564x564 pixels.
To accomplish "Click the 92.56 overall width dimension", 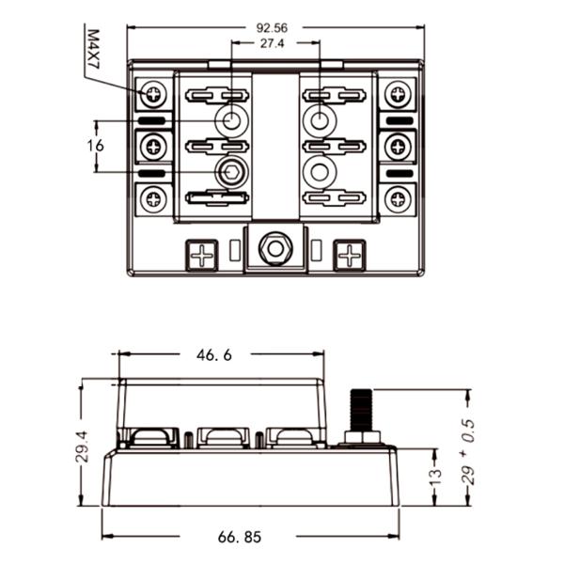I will tap(273, 27).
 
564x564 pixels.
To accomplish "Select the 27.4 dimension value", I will tap(273, 44).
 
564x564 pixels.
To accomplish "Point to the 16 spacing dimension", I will tap(95, 146).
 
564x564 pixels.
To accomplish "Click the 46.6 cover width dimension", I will tap(214, 355).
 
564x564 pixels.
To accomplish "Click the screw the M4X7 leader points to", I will tap(155, 94).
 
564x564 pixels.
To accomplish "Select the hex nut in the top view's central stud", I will tap(274, 249).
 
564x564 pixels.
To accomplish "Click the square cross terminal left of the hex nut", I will tap(200, 254).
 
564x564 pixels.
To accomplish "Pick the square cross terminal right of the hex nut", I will tap(349, 254).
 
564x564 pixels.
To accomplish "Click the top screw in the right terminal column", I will tap(399, 94).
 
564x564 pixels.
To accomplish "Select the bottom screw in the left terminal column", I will tap(155, 198).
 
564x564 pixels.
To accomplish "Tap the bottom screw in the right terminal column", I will tap(399, 198).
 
